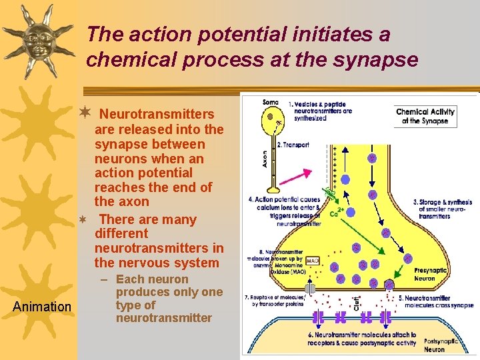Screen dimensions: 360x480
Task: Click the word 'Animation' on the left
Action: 43,307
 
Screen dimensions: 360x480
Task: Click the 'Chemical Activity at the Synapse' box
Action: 425,116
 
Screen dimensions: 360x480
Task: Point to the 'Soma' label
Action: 271,102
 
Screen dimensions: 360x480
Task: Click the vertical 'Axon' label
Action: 265,157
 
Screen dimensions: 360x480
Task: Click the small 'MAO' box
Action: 312,261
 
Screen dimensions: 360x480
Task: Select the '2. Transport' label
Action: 293,145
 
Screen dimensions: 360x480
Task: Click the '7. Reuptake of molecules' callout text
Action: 275,299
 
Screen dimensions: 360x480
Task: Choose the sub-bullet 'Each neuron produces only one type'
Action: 169,299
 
